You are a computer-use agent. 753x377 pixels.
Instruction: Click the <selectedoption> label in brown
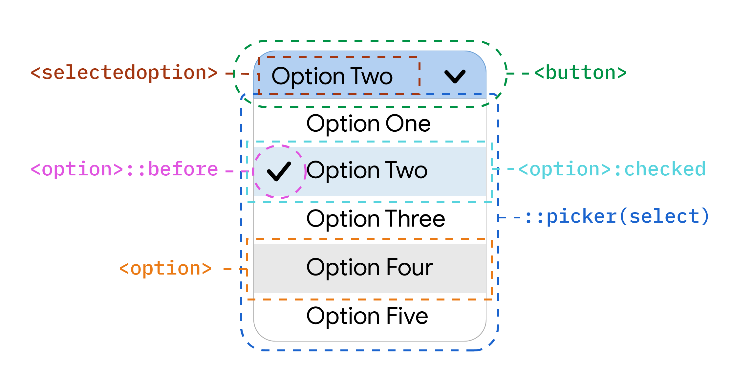[x=124, y=73]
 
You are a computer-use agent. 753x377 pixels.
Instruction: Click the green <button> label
[x=580, y=73]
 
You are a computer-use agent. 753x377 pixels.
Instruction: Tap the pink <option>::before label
[x=124, y=169]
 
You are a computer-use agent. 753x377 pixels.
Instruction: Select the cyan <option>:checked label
[x=612, y=169]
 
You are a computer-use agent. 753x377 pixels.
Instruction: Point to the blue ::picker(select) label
[x=617, y=217]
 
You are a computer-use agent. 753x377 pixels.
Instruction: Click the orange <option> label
[x=165, y=269]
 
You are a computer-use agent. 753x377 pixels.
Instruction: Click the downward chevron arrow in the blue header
[x=455, y=76]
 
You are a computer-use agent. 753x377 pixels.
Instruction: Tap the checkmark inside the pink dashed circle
[x=279, y=171]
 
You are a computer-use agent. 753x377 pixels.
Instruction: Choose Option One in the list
[x=368, y=124]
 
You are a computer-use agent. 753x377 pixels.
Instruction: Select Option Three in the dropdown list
[x=376, y=219]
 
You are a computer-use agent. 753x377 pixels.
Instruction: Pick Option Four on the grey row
[x=370, y=268]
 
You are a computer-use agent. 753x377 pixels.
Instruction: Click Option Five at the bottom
[x=367, y=316]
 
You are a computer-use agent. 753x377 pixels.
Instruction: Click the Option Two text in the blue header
[x=332, y=77]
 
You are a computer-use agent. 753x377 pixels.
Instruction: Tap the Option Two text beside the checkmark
[x=367, y=170]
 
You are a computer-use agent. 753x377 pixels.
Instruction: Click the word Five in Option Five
[x=407, y=316]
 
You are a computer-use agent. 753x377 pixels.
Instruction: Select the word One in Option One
[x=408, y=124]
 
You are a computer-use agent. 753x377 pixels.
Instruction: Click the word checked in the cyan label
[x=665, y=169]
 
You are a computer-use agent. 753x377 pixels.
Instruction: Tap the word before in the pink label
[x=183, y=169]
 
